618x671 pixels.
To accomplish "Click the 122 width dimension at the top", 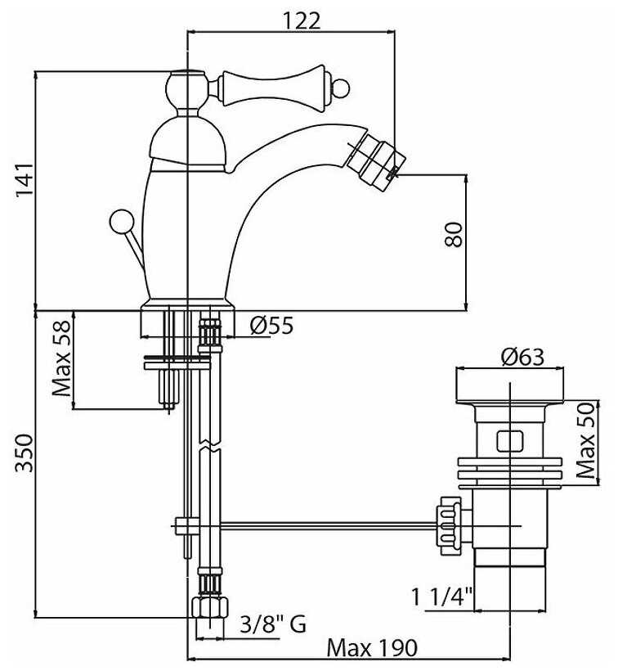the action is point(302,20).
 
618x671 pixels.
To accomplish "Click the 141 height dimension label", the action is point(24,180).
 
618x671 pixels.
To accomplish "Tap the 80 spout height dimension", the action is point(454,234).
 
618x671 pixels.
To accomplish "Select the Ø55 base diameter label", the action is point(272,325).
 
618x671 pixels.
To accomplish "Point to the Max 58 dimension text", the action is point(61,358).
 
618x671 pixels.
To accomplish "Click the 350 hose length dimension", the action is point(24,453).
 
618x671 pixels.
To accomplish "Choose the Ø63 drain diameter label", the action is point(522,357).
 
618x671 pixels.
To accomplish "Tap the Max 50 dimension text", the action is point(585,440).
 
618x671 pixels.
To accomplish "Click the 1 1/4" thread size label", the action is point(442,597).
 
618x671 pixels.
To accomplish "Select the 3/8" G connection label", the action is point(273,624).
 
